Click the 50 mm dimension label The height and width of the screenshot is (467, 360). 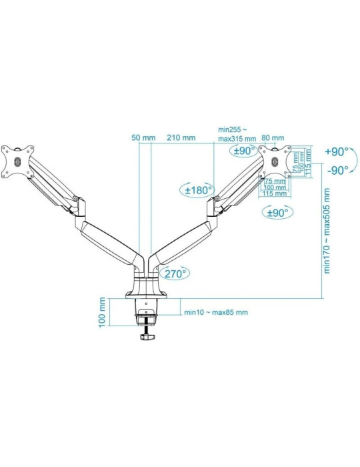tap(143, 137)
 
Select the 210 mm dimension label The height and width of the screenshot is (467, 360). tap(181, 137)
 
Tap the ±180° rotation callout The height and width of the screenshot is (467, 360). tap(197, 189)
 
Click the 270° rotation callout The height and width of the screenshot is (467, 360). tap(173, 272)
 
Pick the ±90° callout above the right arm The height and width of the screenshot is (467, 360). tap(245, 151)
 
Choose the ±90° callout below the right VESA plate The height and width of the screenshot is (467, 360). tap(277, 213)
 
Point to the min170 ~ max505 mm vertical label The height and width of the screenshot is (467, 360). tap(327, 230)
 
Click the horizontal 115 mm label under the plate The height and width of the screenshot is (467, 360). tap(274, 193)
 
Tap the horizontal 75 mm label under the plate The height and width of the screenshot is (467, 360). tap(274, 181)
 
